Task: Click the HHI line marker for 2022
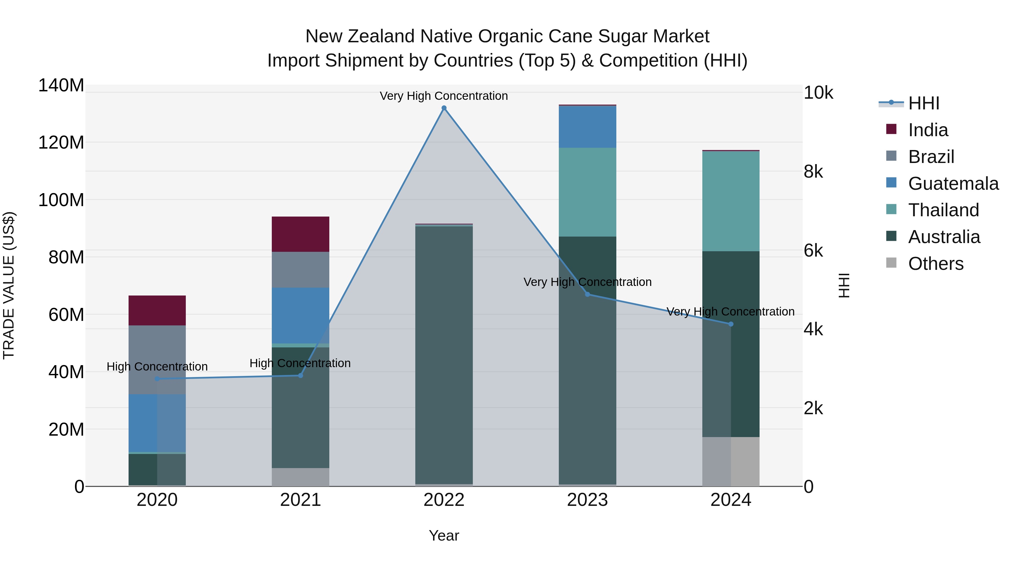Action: click(x=444, y=108)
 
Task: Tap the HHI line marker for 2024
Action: click(x=731, y=324)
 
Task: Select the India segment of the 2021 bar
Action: click(x=300, y=234)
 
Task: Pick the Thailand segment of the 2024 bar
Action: click(x=731, y=201)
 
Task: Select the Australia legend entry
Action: click(x=944, y=237)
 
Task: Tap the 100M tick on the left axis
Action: click(x=61, y=200)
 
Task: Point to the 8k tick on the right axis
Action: click(x=813, y=172)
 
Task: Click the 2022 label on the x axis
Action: click(x=444, y=500)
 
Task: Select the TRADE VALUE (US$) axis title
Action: click(x=9, y=285)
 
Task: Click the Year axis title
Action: click(x=444, y=535)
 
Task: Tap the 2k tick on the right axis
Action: click(x=813, y=408)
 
